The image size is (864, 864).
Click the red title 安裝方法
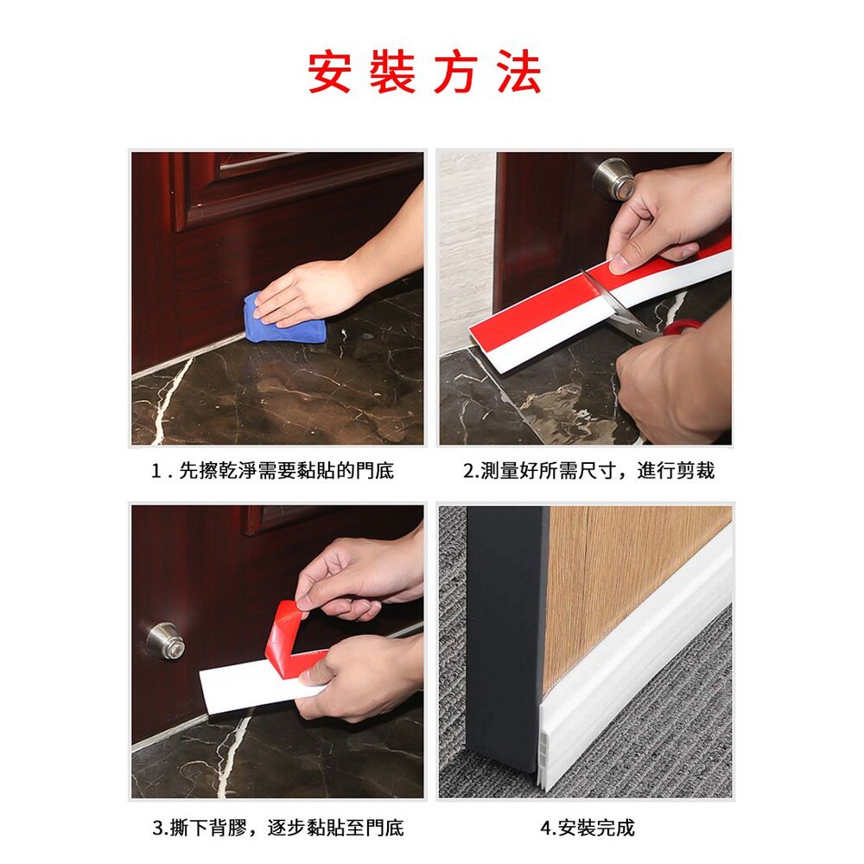[424, 73]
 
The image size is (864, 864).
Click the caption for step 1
[272, 471]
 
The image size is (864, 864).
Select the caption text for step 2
[589, 471]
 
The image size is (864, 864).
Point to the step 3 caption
[277, 828]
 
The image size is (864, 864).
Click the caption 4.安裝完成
[588, 828]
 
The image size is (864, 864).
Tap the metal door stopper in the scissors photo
[614, 181]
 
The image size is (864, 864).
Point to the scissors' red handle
[683, 327]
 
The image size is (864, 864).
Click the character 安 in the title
[330, 73]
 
